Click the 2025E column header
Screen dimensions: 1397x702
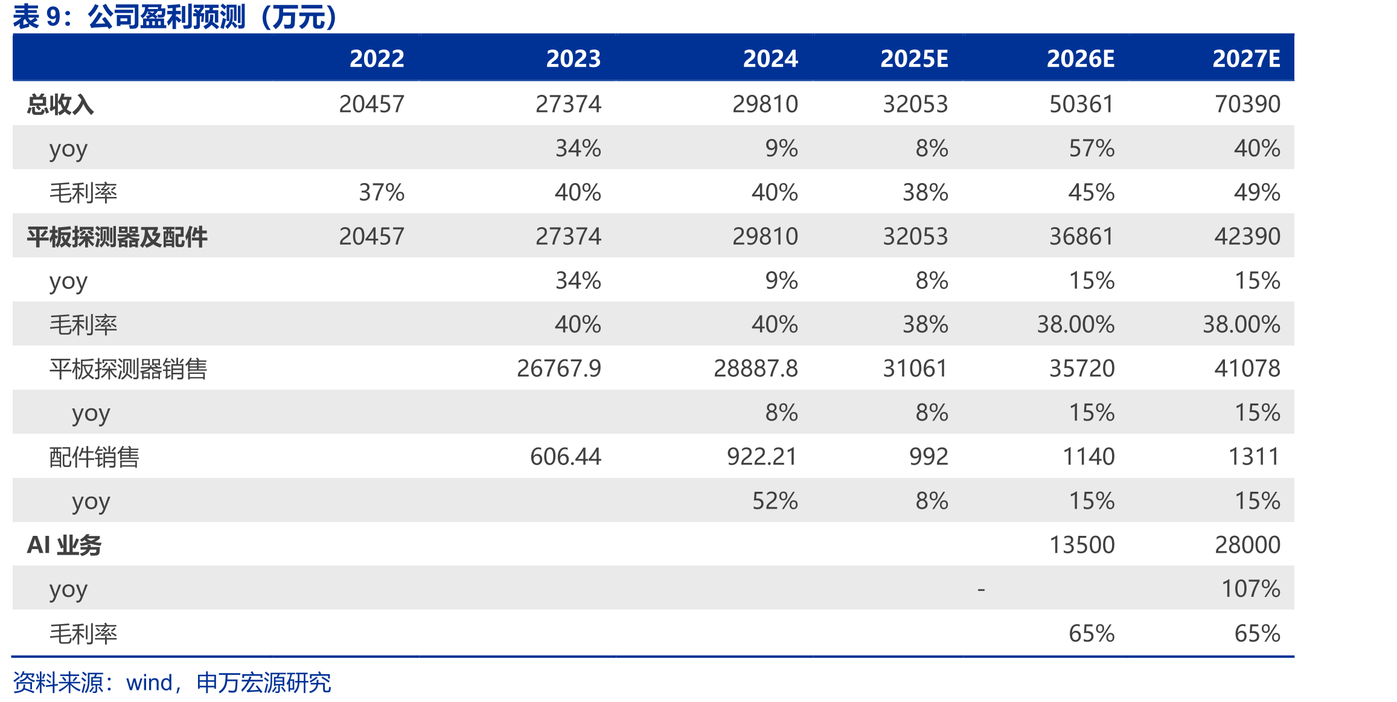point(914,59)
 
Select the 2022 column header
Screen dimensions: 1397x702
point(377,59)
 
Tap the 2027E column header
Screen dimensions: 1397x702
point(1247,59)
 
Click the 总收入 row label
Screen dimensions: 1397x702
point(60,105)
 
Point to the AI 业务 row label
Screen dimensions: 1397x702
point(64,545)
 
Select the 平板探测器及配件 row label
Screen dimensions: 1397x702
point(117,237)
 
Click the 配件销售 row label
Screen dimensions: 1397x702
point(94,457)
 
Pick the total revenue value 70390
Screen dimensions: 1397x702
point(1247,104)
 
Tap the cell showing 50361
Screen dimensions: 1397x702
point(1082,104)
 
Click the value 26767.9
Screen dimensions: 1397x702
point(559,369)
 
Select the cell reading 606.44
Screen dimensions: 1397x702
point(566,457)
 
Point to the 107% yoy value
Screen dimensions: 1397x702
point(1251,589)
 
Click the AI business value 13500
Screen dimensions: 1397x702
point(1082,545)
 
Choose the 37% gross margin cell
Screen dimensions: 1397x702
point(382,193)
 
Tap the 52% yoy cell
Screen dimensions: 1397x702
point(775,501)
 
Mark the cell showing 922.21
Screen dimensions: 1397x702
point(762,457)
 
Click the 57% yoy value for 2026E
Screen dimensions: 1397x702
point(1092,149)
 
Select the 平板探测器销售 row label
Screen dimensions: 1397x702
point(128,369)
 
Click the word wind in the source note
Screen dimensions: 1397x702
point(149,683)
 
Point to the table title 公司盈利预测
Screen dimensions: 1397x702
point(167,17)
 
